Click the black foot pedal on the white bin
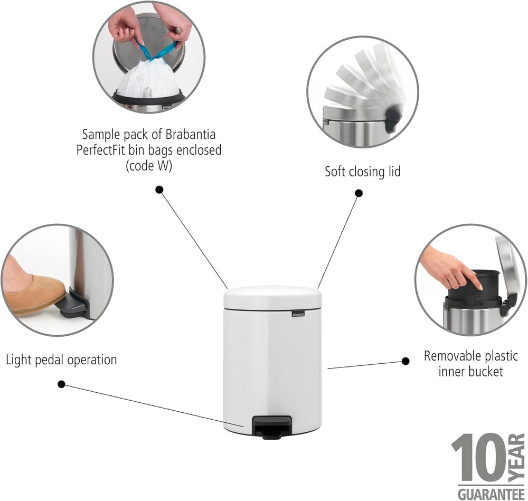tap(272, 427)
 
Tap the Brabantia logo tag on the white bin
tap(298, 314)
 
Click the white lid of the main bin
tap(272, 297)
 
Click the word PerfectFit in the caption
tap(101, 150)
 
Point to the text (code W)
tap(149, 166)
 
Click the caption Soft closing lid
tap(363, 172)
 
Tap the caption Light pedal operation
tap(61, 360)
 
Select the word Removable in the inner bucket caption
tap(447, 356)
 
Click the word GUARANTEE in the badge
tap(491, 494)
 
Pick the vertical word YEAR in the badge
tap(516, 457)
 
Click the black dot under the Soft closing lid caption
tap(359, 193)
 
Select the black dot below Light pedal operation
tap(61, 384)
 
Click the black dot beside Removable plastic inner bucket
tap(406, 361)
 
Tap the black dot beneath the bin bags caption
tap(159, 190)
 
